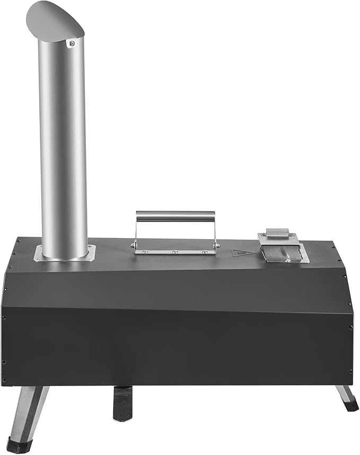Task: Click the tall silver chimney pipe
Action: pos(63,148)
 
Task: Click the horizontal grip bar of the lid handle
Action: pos(175,216)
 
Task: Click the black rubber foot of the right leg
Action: pos(350,405)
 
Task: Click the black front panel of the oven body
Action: pos(175,339)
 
